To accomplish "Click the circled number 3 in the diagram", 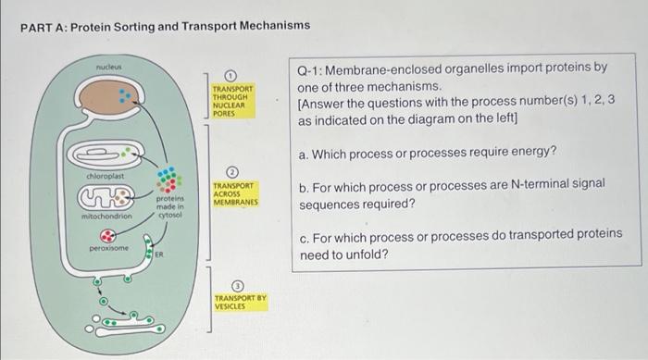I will click(x=237, y=285).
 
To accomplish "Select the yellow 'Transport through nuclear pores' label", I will click(x=232, y=101).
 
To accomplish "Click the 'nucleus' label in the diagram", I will click(x=109, y=68).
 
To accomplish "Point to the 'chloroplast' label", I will click(x=106, y=175).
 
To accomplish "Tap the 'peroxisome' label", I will click(x=107, y=248).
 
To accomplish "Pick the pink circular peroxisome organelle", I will click(x=109, y=235).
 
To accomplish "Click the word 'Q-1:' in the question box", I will click(x=312, y=68).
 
